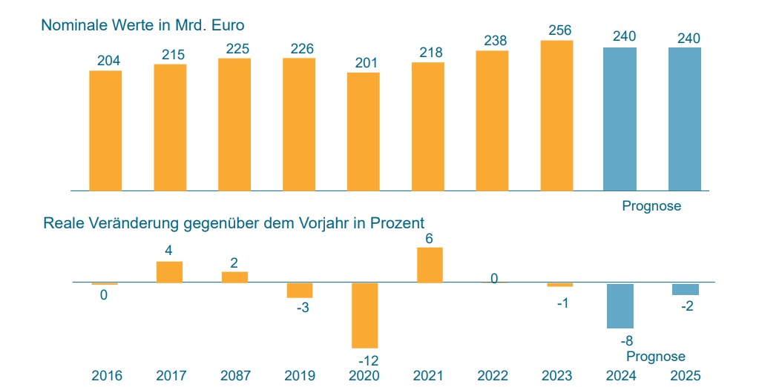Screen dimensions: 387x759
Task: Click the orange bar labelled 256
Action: click(556, 116)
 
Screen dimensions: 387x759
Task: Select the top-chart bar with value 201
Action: click(363, 131)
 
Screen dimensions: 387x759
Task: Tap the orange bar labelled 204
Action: click(105, 130)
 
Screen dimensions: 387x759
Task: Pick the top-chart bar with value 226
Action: click(299, 124)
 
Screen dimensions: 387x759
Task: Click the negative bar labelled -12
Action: click(364, 315)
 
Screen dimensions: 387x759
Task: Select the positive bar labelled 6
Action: click(430, 265)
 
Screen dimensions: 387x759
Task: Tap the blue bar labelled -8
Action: click(620, 305)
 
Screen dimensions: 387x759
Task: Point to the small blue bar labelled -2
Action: click(685, 289)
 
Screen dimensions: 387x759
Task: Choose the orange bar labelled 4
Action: click(169, 272)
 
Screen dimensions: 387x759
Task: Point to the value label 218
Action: click(428, 53)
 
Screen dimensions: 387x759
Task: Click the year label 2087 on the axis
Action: click(235, 376)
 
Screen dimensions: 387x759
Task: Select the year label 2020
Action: click(364, 376)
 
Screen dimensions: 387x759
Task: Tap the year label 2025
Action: click(685, 376)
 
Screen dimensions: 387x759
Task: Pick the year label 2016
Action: click(106, 376)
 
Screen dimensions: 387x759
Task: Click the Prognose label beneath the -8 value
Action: click(656, 357)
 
